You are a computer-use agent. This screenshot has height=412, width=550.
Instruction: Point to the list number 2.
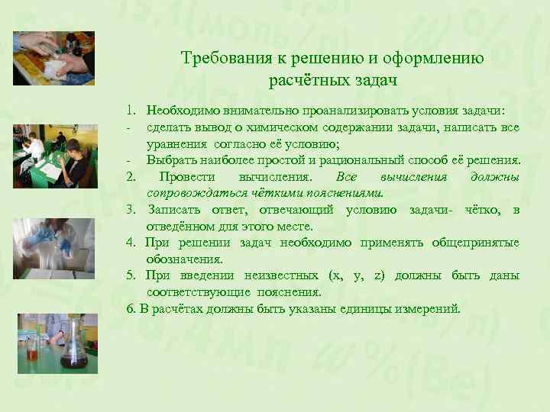click(131, 177)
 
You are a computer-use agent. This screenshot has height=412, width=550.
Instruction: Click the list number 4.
click(131, 243)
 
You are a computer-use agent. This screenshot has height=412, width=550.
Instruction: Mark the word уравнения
click(175, 143)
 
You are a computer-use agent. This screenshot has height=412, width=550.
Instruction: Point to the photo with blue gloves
click(53, 248)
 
